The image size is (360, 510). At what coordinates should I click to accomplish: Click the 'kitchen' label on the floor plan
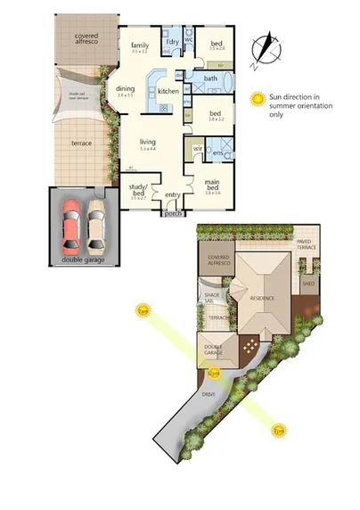click(x=168, y=92)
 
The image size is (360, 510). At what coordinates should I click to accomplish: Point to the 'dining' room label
click(x=125, y=89)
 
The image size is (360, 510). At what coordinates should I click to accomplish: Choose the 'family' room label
click(x=139, y=45)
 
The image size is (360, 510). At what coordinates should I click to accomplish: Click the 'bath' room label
click(x=211, y=79)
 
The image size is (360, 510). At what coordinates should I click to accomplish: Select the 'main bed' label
click(x=213, y=184)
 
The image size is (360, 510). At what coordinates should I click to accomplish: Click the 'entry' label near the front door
click(x=172, y=196)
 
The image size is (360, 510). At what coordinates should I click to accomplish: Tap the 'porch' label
click(x=171, y=213)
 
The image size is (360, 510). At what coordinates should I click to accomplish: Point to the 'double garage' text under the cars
click(x=84, y=259)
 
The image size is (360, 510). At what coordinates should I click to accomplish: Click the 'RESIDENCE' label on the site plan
click(x=262, y=299)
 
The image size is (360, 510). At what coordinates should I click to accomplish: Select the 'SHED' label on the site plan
click(x=308, y=284)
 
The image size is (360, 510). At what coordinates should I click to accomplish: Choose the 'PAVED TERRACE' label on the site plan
click(x=308, y=242)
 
